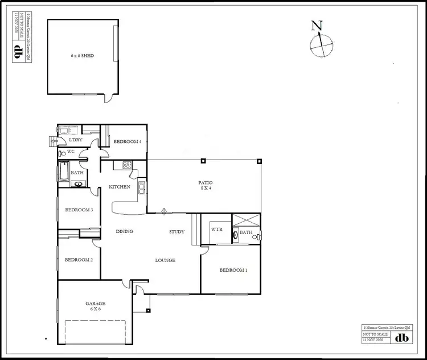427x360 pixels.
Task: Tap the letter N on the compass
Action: pyautogui.click(x=317, y=26)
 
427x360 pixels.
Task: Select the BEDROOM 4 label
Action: pyautogui.click(x=127, y=141)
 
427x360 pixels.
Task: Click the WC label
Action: pyautogui.click(x=72, y=152)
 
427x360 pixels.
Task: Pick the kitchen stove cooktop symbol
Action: pyautogui.click(x=126, y=165)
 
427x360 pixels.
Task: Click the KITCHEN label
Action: pyautogui.click(x=120, y=187)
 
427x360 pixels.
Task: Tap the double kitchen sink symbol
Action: pyautogui.click(x=142, y=187)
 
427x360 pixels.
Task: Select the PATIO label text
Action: pyautogui.click(x=205, y=183)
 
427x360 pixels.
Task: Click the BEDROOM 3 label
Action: pyautogui.click(x=79, y=210)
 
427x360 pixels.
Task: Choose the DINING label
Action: pyautogui.click(x=124, y=232)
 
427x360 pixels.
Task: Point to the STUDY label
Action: pyautogui.click(x=176, y=232)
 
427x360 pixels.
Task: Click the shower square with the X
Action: pyautogui.click(x=247, y=220)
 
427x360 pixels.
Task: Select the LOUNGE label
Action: pyautogui.click(x=165, y=260)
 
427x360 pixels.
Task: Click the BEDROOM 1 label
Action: pyautogui.click(x=233, y=270)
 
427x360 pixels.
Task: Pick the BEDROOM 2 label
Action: pyautogui.click(x=79, y=260)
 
